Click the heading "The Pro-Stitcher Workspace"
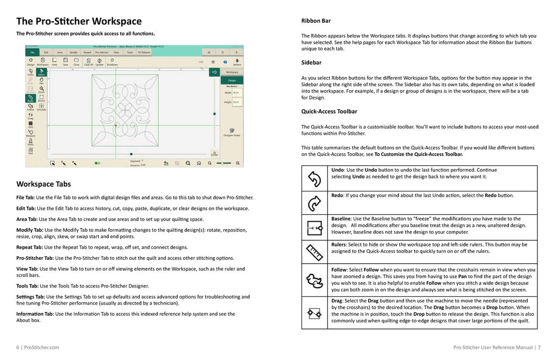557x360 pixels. pyautogui.click(x=79, y=21)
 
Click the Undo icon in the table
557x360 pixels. pyautogui.click(x=314, y=178)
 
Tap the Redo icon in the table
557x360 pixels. pyautogui.click(x=314, y=202)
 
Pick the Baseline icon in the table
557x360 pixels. pyautogui.click(x=314, y=227)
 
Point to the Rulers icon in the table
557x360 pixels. pyautogui.click(x=314, y=252)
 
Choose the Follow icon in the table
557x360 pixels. pyautogui.click(x=314, y=280)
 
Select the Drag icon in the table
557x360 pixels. pyautogui.click(x=314, y=313)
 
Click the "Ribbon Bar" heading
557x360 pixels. pyautogui.click(x=316, y=21)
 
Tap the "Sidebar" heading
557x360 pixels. pyautogui.click(x=311, y=63)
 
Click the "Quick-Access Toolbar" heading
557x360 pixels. pyautogui.click(x=329, y=111)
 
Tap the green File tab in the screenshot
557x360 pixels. pyautogui.click(x=33, y=52)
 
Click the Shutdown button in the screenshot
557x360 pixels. pyautogui.click(x=112, y=61)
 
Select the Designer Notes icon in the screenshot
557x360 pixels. pyautogui.click(x=232, y=132)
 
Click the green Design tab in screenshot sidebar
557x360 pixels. pyautogui.click(x=232, y=80)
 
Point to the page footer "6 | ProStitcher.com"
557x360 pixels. pyautogui.click(x=38, y=347)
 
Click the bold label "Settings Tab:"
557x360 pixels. pyautogui.click(x=30, y=296)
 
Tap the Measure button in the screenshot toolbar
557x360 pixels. pyautogui.click(x=30, y=133)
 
